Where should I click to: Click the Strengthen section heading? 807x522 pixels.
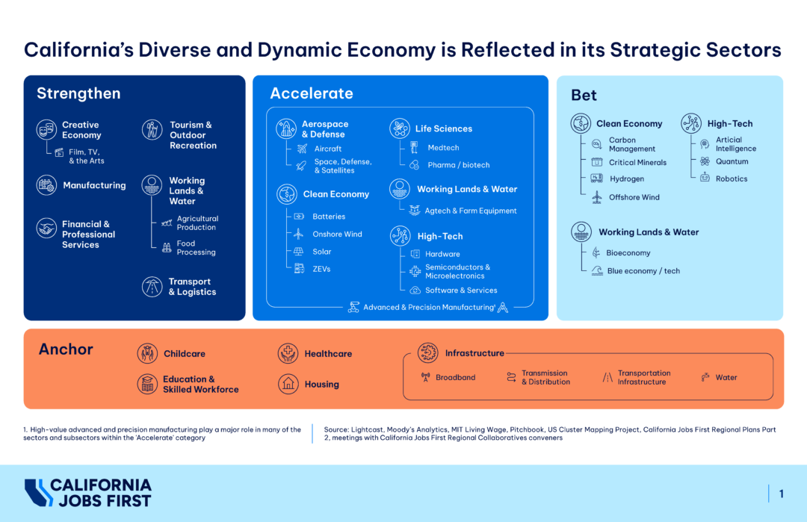pyautogui.click(x=78, y=93)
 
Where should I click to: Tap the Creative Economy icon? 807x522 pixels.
pyautogui.click(x=46, y=130)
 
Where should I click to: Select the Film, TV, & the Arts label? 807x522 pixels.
pyautogui.click(x=87, y=156)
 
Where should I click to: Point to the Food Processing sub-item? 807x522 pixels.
pyautogui.click(x=196, y=248)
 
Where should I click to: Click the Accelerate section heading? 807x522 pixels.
pyautogui.click(x=311, y=93)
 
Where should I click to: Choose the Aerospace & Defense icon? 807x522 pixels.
pyautogui.click(x=286, y=128)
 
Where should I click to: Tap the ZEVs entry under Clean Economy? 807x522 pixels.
pyautogui.click(x=321, y=269)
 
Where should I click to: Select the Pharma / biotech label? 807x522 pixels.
pyautogui.click(x=458, y=165)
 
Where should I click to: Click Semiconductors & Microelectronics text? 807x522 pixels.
pyautogui.click(x=457, y=271)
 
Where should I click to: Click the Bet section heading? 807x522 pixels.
pyautogui.click(x=584, y=96)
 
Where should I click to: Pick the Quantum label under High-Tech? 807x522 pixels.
pyautogui.click(x=732, y=161)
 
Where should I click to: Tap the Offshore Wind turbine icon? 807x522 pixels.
pyautogui.click(x=596, y=197)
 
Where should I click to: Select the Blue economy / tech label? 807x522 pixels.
pyautogui.click(x=643, y=271)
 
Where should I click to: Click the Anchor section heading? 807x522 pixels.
pyautogui.click(x=66, y=349)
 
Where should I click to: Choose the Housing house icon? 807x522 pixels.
pyautogui.click(x=288, y=384)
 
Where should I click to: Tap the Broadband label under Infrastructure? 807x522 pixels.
pyautogui.click(x=455, y=377)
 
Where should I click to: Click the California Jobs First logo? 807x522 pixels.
pyautogui.click(x=88, y=493)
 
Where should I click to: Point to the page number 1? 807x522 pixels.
pyautogui.click(x=781, y=494)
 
